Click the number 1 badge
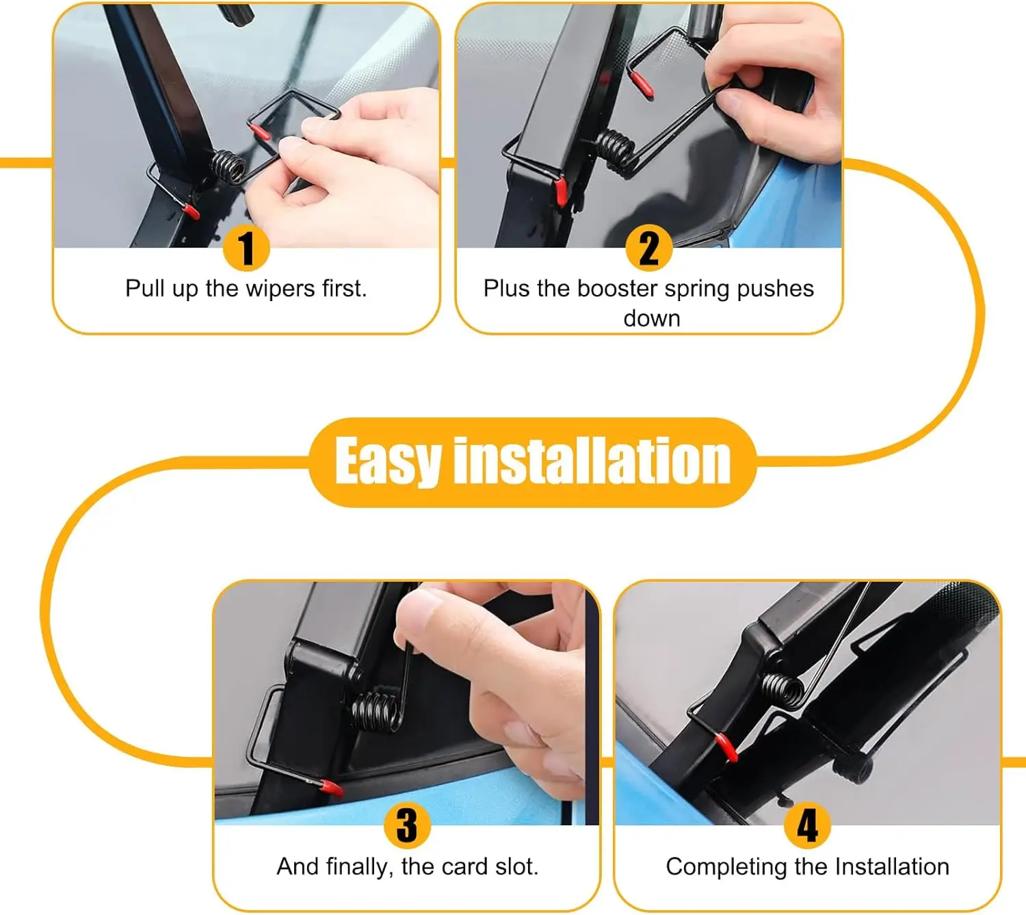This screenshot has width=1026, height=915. [246, 248]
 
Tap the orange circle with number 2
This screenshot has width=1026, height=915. [648, 248]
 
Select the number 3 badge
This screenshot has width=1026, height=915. [407, 825]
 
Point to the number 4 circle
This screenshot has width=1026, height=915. [807, 825]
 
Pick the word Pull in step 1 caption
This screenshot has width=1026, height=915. [146, 288]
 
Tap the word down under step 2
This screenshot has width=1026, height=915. [652, 319]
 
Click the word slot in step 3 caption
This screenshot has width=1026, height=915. [516, 866]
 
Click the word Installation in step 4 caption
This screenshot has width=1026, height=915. [892, 866]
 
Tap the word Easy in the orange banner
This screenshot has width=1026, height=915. [387, 461]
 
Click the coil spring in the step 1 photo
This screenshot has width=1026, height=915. [228, 166]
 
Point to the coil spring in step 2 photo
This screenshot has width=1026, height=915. [616, 151]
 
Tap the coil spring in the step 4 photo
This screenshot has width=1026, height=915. [783, 690]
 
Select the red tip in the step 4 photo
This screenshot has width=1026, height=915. [726, 749]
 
